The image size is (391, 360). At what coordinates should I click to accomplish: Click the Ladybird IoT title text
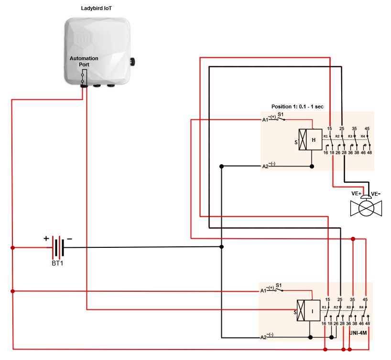click(x=98, y=9)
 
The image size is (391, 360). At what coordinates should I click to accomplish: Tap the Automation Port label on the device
click(x=84, y=61)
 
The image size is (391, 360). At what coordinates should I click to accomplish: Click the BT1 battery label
click(x=57, y=263)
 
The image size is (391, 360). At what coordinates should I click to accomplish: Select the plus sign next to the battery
click(x=46, y=238)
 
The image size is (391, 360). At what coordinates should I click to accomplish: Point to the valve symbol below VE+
click(x=366, y=209)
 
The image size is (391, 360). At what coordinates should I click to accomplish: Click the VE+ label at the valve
click(x=356, y=194)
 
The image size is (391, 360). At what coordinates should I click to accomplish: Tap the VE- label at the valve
click(x=376, y=194)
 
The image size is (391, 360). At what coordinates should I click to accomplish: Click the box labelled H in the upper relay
click(x=314, y=140)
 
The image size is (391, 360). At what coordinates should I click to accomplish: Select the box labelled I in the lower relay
click(x=313, y=310)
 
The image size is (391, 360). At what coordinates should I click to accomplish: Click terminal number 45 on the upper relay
click(x=367, y=128)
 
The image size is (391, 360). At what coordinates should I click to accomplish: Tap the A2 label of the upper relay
click(x=265, y=166)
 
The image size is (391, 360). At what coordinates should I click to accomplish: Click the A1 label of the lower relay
click(x=263, y=290)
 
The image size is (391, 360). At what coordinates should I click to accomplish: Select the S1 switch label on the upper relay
click(x=281, y=115)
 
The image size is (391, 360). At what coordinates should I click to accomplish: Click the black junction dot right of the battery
click(x=221, y=247)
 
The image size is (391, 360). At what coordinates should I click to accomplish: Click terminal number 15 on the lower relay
click(x=328, y=299)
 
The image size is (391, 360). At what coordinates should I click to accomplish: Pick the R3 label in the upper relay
click(x=350, y=137)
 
